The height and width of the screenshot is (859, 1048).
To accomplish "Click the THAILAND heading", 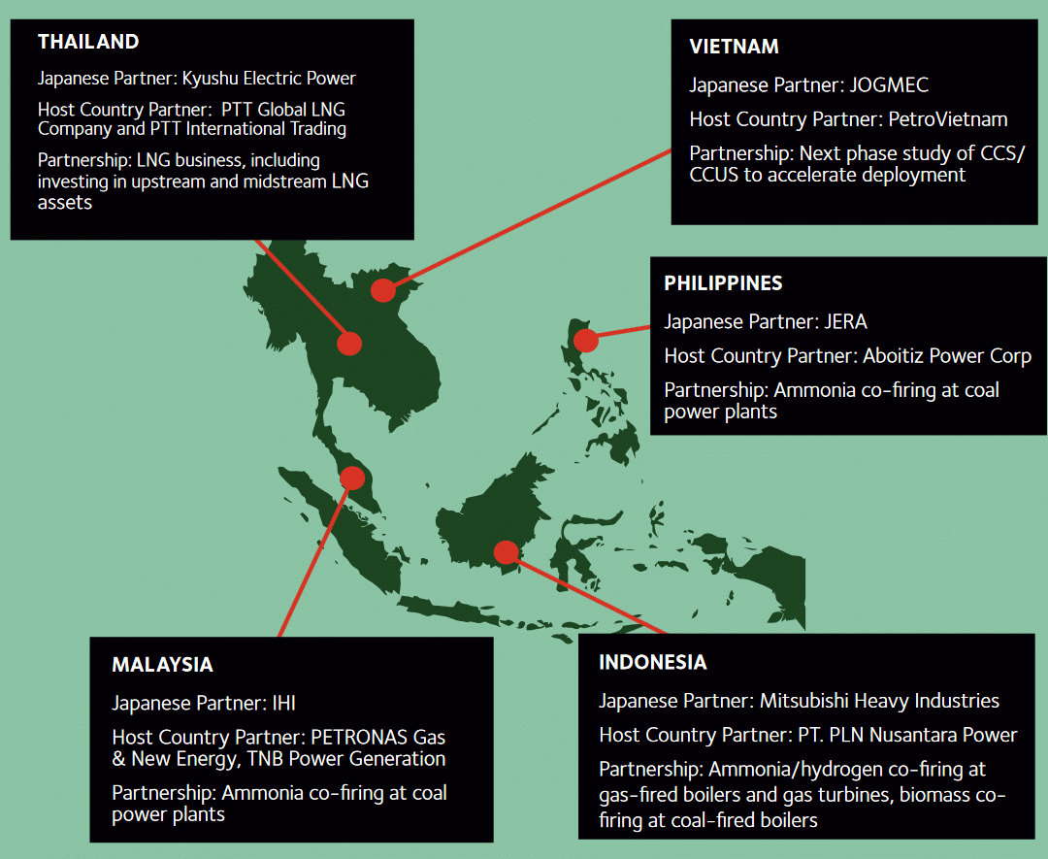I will coord(88,42).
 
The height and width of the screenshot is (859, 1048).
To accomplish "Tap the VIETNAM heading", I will coord(734,47).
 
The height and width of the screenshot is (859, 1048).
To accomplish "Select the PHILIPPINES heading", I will coord(723,283).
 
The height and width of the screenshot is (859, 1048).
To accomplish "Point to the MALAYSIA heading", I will coord(162,665).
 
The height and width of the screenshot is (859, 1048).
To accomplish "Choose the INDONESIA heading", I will coord(652,663).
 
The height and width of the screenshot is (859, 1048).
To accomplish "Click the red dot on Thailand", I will coord(349,343).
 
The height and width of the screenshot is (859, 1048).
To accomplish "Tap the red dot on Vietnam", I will coord(383,289).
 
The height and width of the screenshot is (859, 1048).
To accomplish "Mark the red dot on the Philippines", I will coord(585,340).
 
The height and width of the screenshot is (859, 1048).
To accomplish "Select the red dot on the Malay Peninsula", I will coord(352,478).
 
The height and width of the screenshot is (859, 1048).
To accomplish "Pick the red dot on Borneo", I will coord(506,552).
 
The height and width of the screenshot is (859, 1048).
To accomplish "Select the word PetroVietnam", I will coord(948,119).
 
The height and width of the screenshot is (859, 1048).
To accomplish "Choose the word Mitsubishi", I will coord(797,701).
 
